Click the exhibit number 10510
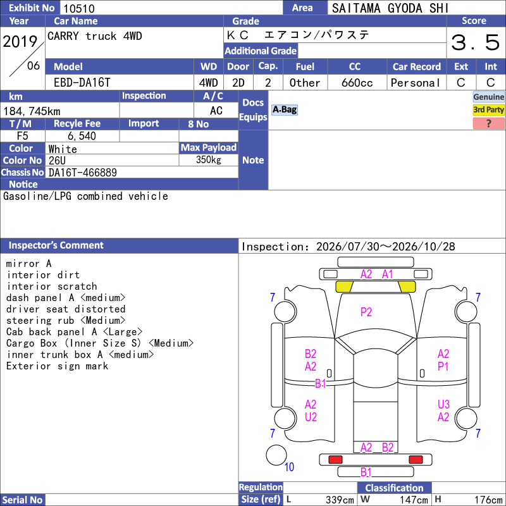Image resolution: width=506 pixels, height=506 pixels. tap(79, 8)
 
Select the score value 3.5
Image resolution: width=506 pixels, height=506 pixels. tap(475, 42)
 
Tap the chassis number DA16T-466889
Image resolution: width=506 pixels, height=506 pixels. tap(83, 173)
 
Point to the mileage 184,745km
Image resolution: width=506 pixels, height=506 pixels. tap(32, 111)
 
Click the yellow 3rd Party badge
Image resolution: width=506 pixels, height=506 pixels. tap(488, 109)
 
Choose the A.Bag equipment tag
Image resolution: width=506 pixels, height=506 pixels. tap(284, 109)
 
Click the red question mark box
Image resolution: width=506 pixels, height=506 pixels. tap(488, 123)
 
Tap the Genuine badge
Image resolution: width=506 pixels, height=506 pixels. tap(488, 97)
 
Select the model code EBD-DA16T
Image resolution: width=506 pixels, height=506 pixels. tap(82, 83)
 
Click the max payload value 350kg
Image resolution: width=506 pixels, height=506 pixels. tap(209, 160)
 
